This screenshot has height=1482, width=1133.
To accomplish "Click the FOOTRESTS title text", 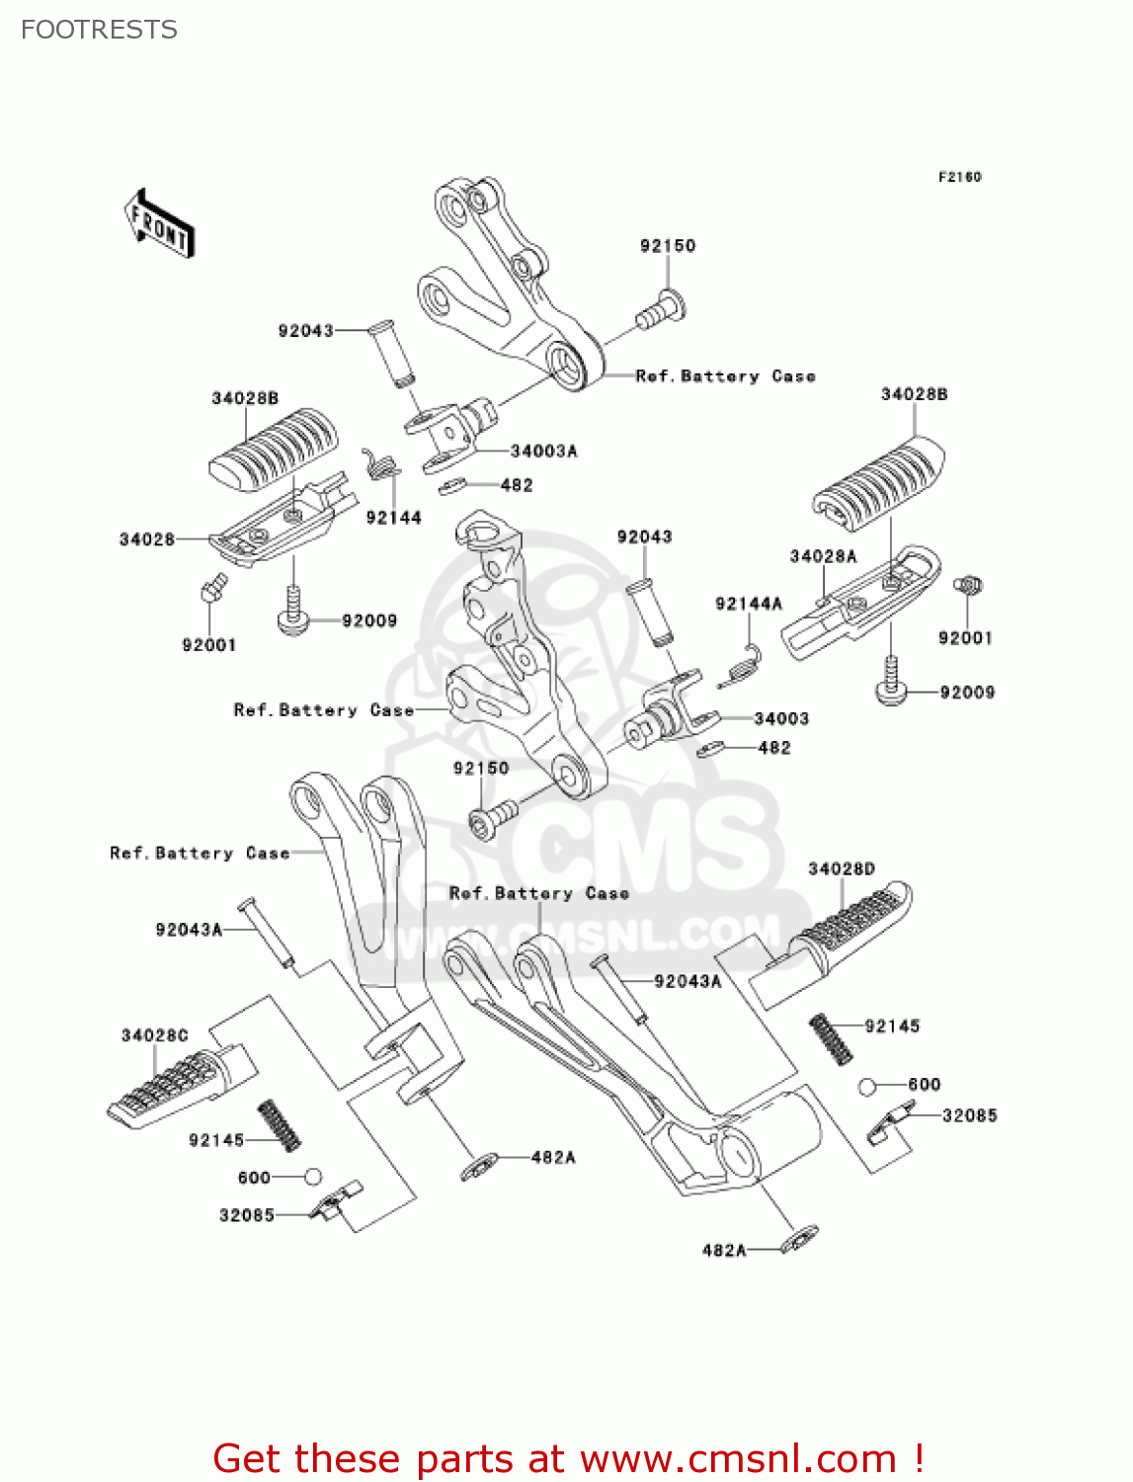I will (99, 30).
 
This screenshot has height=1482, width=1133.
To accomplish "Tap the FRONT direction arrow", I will (159, 224).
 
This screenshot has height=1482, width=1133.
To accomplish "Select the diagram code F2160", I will (959, 177).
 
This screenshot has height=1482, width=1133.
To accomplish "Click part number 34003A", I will (543, 452).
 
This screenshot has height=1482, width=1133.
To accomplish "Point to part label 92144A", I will (748, 604).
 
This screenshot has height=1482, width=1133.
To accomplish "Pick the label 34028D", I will (841, 869).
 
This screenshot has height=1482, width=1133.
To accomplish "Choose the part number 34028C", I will (154, 1035).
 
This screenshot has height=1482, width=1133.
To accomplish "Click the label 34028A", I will (823, 556).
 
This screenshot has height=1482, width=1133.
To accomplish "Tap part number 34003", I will (781, 719).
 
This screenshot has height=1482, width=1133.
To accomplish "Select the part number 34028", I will (146, 539).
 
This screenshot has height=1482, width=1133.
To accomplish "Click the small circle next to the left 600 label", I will (312, 1177).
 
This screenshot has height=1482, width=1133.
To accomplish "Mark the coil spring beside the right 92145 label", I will (831, 1038).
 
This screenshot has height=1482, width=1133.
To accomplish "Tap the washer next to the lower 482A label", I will (799, 1238).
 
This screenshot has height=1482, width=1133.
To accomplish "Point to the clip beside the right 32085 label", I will (891, 1124).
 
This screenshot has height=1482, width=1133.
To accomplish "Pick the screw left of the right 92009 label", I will (890, 682).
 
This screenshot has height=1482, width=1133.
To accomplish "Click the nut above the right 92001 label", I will (968, 586).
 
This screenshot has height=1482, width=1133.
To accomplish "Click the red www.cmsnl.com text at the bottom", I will (737, 1458).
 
